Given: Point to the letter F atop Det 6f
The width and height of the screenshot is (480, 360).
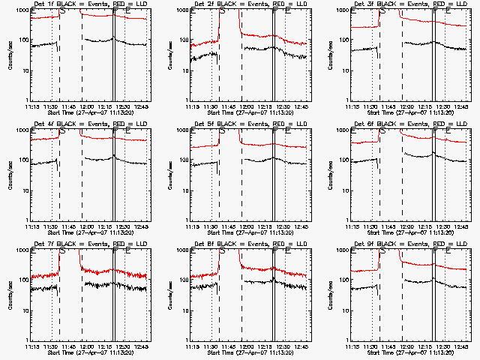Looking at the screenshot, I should click(x=436, y=131).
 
